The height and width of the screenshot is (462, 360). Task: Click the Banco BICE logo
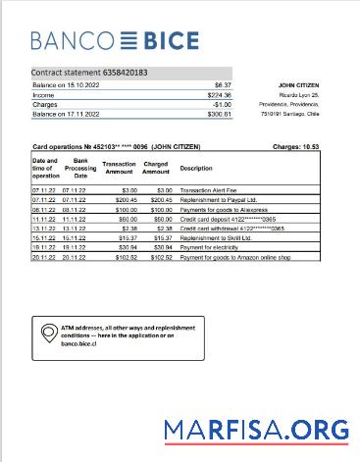point(114,41)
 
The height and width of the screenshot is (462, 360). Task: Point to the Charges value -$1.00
point(222,104)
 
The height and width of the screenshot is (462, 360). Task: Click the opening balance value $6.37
point(222,85)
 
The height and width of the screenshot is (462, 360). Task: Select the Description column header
point(196,168)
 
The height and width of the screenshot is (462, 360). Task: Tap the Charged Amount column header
point(156,168)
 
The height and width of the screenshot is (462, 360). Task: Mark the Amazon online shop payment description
point(236,259)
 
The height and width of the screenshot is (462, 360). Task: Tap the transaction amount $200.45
point(122,198)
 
